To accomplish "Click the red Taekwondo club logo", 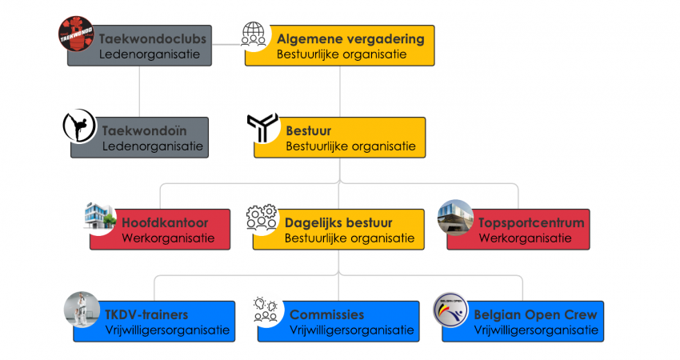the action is (x=76, y=34).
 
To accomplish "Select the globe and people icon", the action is (x=254, y=34).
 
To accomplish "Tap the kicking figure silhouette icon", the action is (x=79, y=126).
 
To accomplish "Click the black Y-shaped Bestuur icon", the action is (x=262, y=127).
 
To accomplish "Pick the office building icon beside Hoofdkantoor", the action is (x=99, y=215).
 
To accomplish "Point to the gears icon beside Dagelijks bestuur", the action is (x=262, y=217).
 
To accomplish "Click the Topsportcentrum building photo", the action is (x=455, y=218).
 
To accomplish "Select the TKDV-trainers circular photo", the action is (x=82, y=310).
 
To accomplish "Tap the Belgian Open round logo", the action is (x=451, y=310).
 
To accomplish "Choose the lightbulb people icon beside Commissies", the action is (x=266, y=310).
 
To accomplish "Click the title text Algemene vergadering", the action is (x=350, y=39).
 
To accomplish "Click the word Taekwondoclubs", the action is (x=153, y=39).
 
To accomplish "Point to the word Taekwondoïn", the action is (x=145, y=130).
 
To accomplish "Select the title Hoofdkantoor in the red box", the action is (x=165, y=222).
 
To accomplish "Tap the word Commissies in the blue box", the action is (x=326, y=314).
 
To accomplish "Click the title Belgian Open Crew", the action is (x=535, y=314).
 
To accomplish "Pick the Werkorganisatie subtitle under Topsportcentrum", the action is (x=525, y=238).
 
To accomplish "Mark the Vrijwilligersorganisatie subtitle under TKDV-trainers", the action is (x=167, y=330).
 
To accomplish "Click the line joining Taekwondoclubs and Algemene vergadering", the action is (x=228, y=44).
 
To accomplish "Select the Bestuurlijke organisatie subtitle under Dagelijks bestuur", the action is (x=350, y=238).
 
